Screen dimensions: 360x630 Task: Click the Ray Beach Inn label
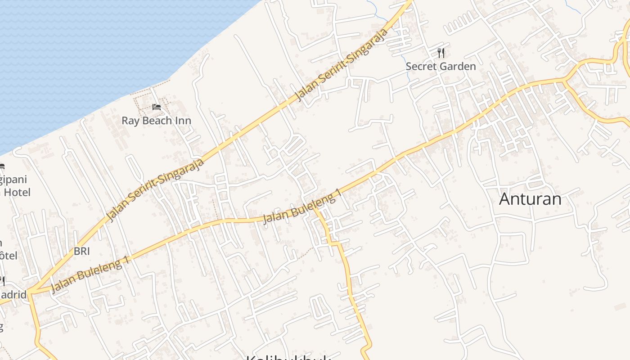(x=156, y=121)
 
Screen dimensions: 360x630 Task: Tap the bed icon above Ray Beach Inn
(x=156, y=107)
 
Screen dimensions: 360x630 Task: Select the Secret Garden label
(x=441, y=67)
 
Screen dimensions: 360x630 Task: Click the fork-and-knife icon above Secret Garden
(x=441, y=53)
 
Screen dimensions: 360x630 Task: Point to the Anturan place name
(x=530, y=199)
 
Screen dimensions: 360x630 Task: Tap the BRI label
(x=82, y=251)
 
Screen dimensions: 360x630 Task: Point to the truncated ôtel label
(x=9, y=256)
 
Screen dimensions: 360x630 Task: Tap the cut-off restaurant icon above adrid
(x=2, y=281)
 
